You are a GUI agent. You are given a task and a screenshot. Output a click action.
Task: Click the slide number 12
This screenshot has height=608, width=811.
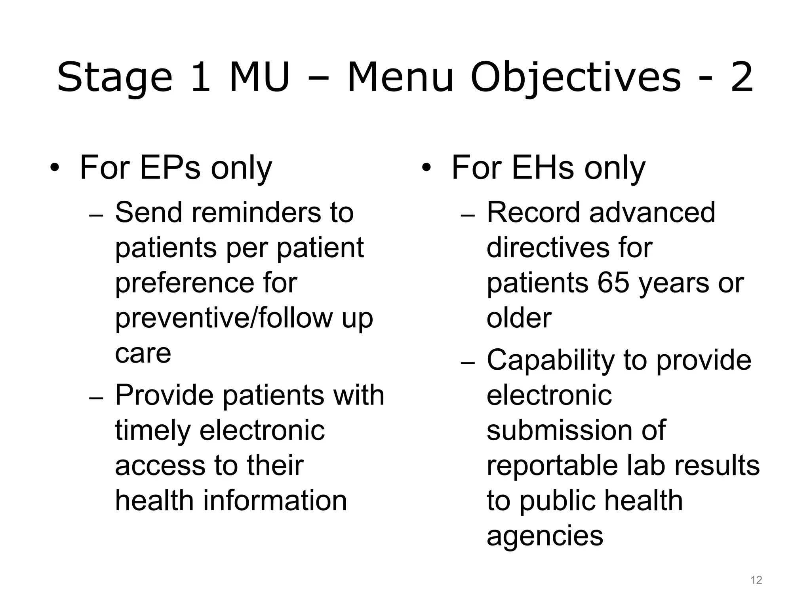(756, 580)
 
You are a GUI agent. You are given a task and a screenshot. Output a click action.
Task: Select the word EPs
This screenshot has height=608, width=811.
(170, 168)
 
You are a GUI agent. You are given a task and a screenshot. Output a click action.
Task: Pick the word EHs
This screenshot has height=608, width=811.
(543, 168)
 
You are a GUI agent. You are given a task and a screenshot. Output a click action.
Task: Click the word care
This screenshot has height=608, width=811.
(143, 353)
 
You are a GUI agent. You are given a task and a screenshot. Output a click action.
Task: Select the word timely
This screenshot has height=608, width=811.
(152, 431)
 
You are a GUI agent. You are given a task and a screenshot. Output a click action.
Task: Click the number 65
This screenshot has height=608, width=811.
(613, 283)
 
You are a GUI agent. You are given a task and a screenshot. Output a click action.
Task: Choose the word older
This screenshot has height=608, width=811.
(519, 318)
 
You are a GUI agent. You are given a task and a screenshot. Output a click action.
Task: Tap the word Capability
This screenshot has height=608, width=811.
(550, 361)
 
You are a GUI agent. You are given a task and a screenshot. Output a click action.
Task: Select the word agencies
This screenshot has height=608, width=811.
(544, 536)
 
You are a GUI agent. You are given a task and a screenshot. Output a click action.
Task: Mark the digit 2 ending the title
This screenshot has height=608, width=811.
(741, 78)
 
